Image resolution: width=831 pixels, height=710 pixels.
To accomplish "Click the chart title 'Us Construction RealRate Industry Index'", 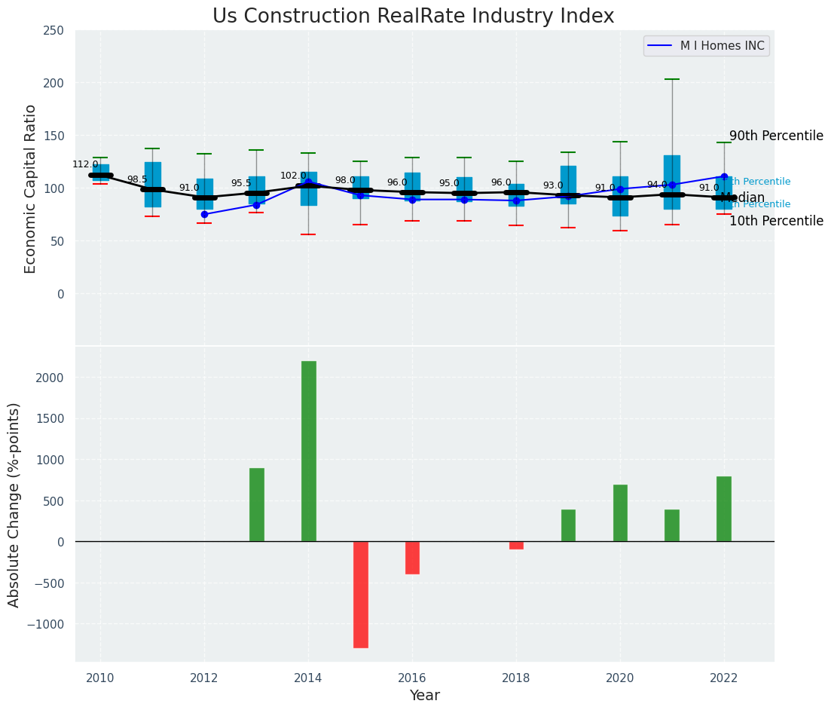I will [x=413, y=17].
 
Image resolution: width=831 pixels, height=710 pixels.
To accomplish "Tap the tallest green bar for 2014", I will [x=308, y=451].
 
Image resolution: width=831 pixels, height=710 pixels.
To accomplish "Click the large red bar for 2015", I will [x=360, y=594].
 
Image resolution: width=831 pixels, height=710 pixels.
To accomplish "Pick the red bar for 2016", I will [x=412, y=558].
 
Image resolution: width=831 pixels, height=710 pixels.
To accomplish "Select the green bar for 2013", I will [x=256, y=504].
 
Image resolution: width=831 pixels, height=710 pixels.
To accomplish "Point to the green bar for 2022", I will [x=723, y=509].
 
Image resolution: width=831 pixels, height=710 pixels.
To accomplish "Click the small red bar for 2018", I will [x=516, y=545].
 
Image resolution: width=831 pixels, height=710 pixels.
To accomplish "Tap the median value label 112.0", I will [x=85, y=164].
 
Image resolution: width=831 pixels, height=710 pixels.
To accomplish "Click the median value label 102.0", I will [x=293, y=176].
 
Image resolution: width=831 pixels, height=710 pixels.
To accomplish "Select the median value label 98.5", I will [x=137, y=179].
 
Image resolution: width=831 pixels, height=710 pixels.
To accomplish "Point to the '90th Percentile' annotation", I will [x=776, y=136].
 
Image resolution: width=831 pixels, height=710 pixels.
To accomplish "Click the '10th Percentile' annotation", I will [x=776, y=221].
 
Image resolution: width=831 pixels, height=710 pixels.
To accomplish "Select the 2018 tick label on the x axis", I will [x=516, y=678].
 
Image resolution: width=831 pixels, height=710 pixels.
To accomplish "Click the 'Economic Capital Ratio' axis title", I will [x=30, y=188].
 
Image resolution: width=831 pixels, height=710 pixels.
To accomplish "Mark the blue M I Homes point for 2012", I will [x=204, y=214].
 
